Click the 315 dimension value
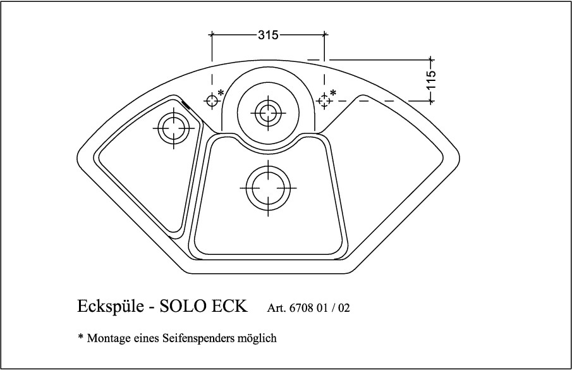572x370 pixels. coord(268,35)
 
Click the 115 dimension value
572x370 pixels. coord(431,79)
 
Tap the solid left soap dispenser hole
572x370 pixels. coord(212,101)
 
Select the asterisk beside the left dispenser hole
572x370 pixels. coord(221,92)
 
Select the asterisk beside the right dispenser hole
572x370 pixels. coord(333,92)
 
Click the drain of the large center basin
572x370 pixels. coord(268,188)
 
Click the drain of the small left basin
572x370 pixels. coord(174,128)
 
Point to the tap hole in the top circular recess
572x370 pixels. coord(268,113)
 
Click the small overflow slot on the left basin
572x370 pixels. coord(186,105)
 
